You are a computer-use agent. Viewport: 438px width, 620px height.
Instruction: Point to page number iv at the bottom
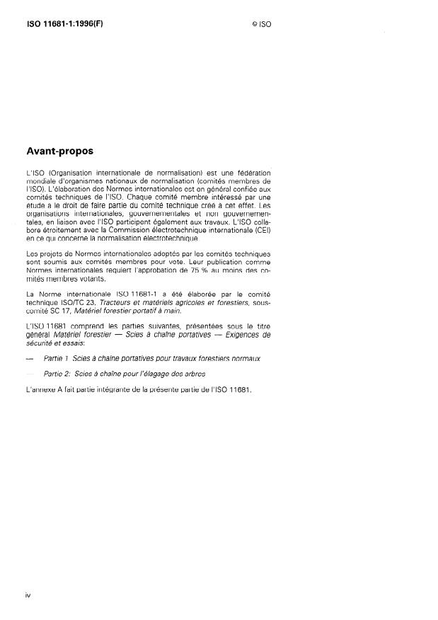tap(28, 595)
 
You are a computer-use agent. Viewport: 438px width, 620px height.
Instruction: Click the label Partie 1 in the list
tap(56, 358)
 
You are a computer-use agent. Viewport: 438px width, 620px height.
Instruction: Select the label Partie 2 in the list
tap(56, 373)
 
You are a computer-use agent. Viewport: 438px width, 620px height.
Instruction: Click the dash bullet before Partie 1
tap(28, 358)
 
